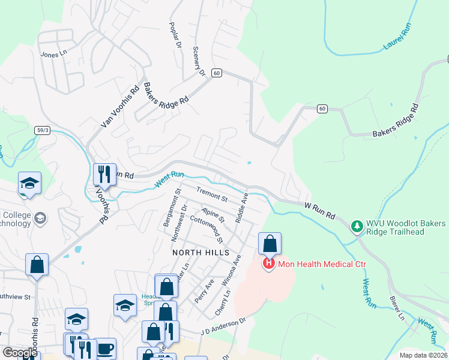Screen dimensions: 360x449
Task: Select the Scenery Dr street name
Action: tap(198, 61)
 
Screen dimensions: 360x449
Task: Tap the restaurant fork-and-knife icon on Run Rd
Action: tap(104, 174)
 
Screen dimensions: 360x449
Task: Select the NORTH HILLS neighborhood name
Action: tap(200, 253)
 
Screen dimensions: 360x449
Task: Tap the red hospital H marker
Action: tap(269, 263)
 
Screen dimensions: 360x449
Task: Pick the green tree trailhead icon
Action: tap(357, 226)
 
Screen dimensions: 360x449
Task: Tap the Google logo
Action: tap(20, 353)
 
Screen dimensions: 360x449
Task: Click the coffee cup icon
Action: tap(104, 349)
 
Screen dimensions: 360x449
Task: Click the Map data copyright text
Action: tap(423, 355)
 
